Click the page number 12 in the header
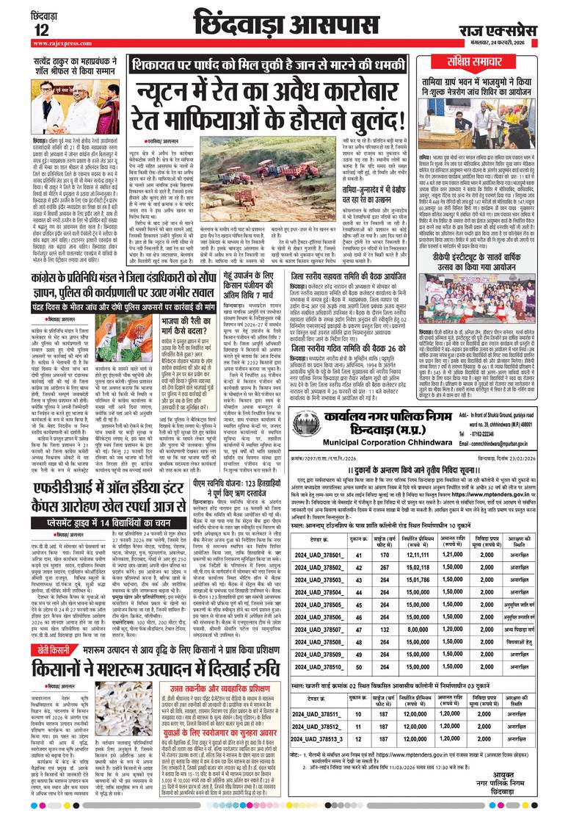click(x=21, y=30)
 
